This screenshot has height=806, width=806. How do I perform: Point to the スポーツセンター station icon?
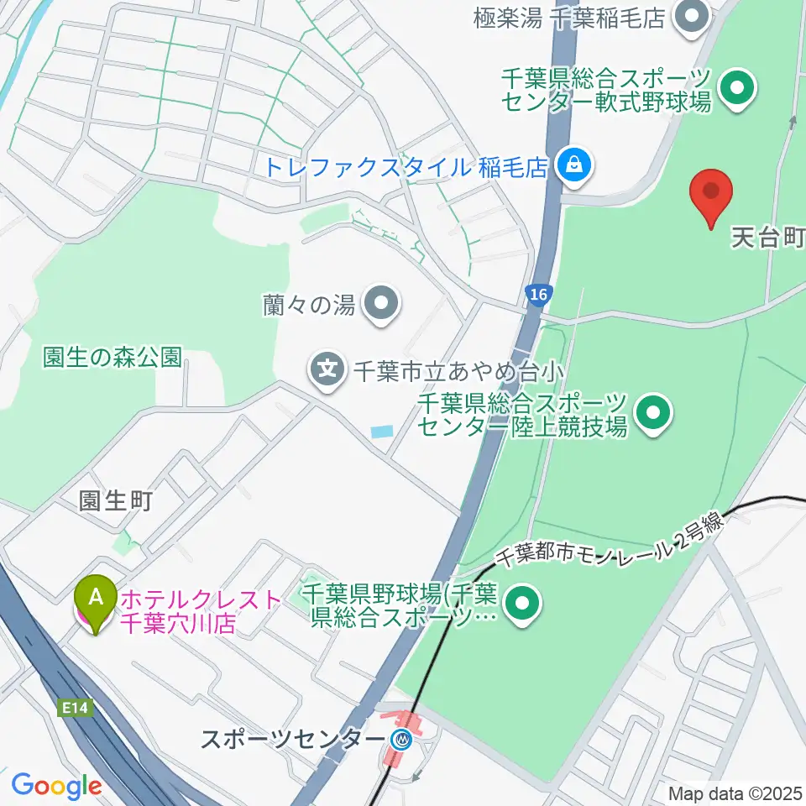coord(403,739)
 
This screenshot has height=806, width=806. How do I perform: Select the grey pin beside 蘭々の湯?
coord(382,304)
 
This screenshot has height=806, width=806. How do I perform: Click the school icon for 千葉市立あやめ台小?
coord(327,368)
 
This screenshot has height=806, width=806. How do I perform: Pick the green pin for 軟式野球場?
coord(737,88)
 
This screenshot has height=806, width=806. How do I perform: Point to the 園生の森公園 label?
coord(112,357)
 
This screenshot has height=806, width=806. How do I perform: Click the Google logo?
coord(56,786)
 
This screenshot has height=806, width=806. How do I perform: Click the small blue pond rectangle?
coord(380,432)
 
